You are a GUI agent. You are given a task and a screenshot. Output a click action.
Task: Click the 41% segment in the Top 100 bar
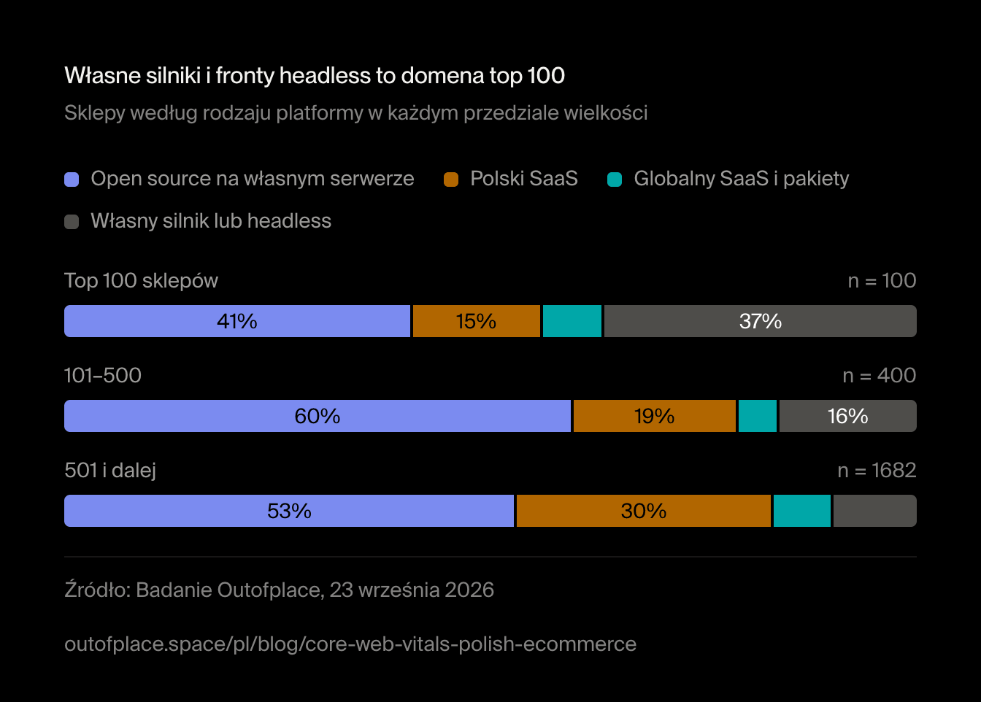(x=237, y=321)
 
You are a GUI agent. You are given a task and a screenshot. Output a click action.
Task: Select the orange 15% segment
(x=477, y=321)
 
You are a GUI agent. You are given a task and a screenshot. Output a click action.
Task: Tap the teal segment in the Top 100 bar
(x=572, y=321)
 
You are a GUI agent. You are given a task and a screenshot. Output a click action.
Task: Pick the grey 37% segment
(x=761, y=321)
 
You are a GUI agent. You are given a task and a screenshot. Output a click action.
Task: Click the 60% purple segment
(x=318, y=416)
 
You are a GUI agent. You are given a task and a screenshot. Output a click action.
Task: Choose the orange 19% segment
(x=655, y=416)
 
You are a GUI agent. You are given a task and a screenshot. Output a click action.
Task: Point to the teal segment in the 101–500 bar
(x=758, y=416)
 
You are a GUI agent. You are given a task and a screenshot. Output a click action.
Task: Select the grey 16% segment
(x=848, y=416)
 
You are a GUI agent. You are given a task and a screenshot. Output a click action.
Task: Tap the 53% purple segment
(x=289, y=511)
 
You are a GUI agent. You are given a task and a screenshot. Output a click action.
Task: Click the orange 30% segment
(x=644, y=511)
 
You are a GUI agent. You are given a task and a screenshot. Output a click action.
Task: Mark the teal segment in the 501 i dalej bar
(x=802, y=511)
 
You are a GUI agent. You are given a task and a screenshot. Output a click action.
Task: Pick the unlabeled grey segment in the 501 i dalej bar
(x=875, y=511)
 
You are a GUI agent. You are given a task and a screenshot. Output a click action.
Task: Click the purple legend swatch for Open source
(x=72, y=180)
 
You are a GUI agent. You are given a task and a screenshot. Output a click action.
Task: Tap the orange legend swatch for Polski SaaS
(x=451, y=180)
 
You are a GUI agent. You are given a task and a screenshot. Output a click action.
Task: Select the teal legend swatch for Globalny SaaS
(x=615, y=180)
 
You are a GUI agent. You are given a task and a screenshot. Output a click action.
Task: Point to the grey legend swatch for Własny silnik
(x=72, y=222)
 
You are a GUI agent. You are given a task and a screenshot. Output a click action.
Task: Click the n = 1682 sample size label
(x=877, y=471)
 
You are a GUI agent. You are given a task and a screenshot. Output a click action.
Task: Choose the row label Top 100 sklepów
(x=141, y=281)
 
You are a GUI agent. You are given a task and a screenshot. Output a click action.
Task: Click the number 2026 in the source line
(x=469, y=590)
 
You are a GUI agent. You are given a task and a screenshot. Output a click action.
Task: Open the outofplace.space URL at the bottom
(x=350, y=644)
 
